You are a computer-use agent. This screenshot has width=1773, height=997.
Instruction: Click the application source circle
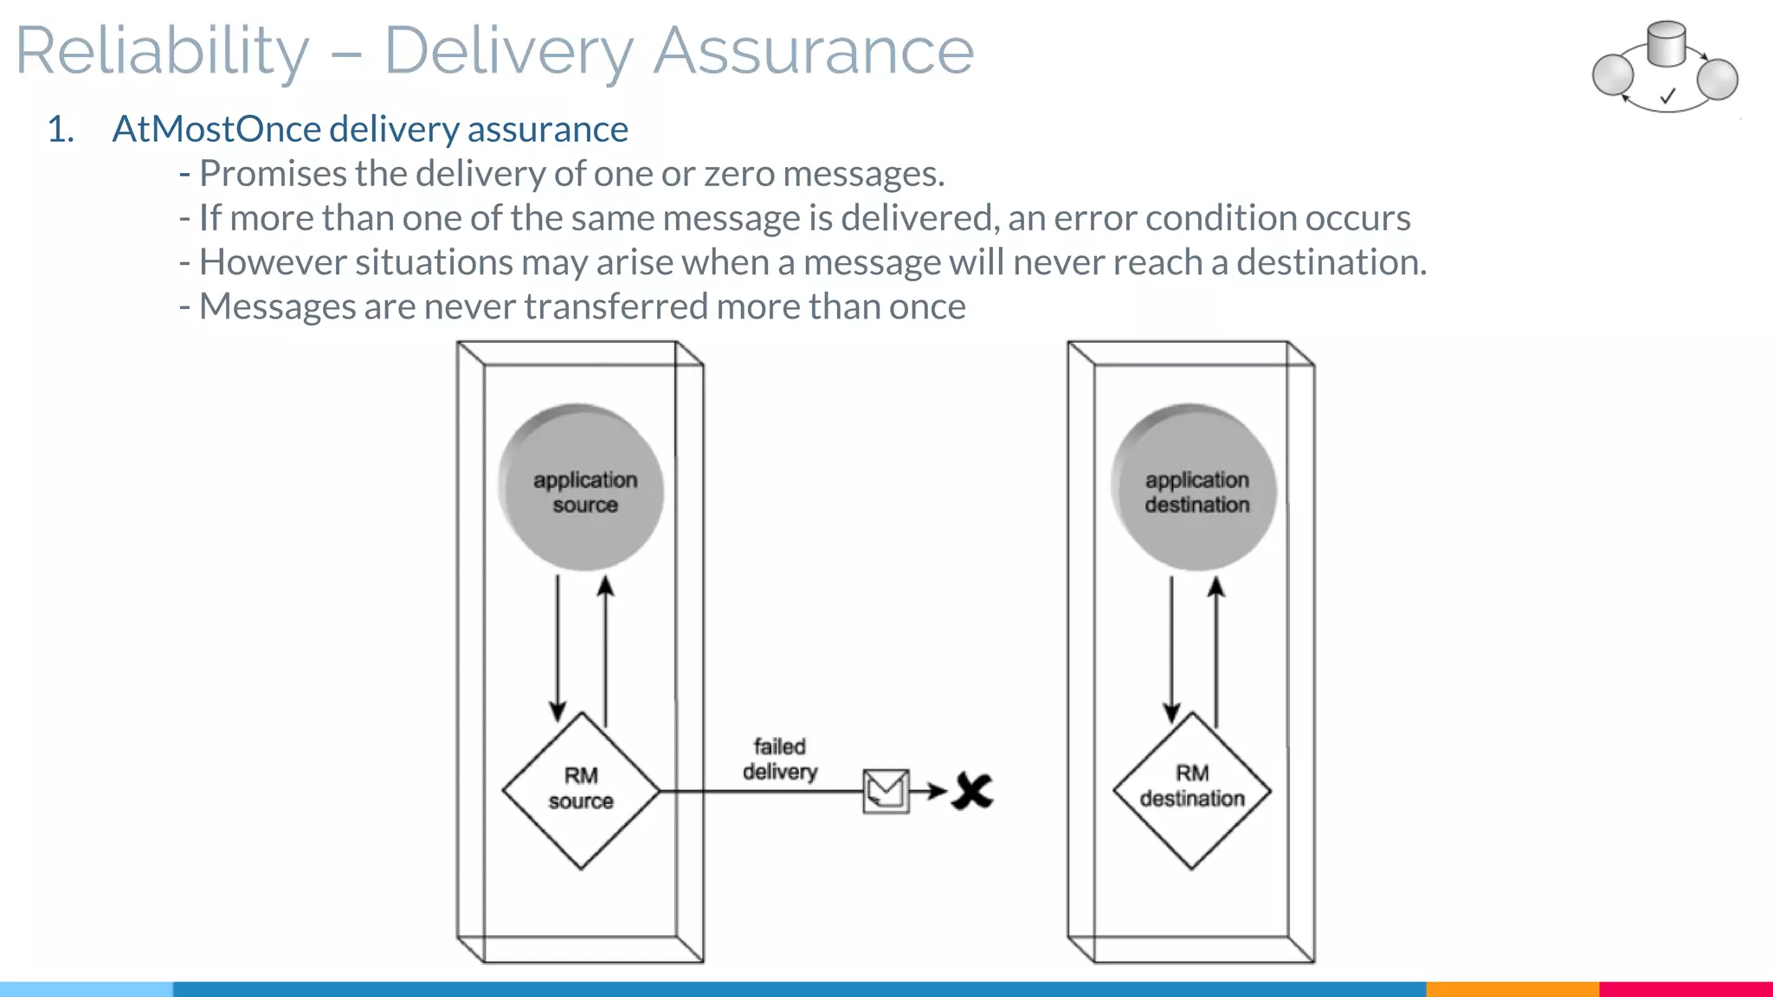(581, 488)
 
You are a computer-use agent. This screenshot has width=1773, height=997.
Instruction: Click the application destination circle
(1194, 488)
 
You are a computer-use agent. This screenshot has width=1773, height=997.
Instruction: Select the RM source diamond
(581, 790)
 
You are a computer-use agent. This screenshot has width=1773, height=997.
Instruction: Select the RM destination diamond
(1192, 790)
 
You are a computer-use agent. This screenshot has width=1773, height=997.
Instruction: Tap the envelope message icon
(886, 791)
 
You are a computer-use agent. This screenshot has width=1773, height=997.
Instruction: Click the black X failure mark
(972, 791)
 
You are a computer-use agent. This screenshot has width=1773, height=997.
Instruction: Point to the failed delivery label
(779, 759)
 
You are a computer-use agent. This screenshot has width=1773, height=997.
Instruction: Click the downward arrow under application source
(558, 649)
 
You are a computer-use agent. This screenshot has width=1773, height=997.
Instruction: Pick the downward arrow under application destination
(1171, 649)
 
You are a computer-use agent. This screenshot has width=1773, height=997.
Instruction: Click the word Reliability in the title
(162, 52)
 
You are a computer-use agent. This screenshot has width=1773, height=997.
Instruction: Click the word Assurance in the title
(813, 52)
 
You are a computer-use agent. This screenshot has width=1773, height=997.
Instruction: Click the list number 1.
(60, 130)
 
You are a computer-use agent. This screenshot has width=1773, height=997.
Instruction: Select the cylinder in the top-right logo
(1666, 44)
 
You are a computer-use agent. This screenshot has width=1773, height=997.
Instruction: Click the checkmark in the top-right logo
(1667, 96)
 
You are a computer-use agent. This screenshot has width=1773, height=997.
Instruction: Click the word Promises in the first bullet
(273, 174)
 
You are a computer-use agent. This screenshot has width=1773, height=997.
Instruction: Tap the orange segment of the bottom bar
(1512, 988)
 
